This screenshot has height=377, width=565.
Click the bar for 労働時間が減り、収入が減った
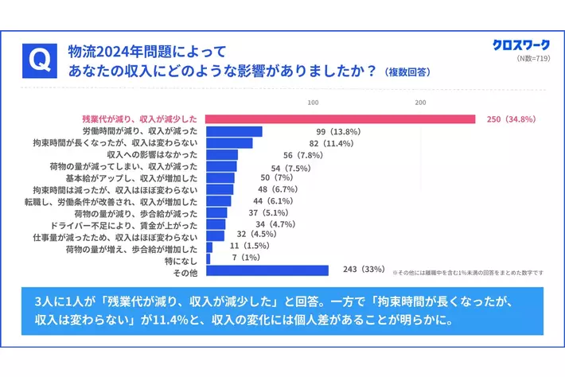click(x=234, y=131)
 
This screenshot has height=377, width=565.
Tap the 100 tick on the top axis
click(x=313, y=103)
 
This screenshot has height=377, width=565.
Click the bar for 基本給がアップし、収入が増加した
click(x=220, y=178)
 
